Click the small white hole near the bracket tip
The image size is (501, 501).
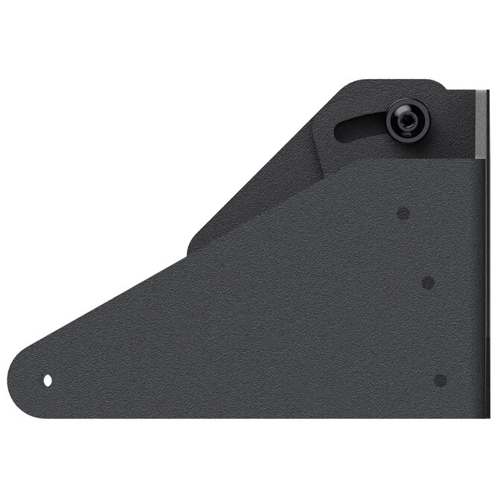(x=48, y=380)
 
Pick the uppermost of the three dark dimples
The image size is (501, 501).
(x=403, y=214)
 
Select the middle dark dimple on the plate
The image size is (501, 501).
(x=428, y=283)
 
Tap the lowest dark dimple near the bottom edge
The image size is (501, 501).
(x=440, y=379)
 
